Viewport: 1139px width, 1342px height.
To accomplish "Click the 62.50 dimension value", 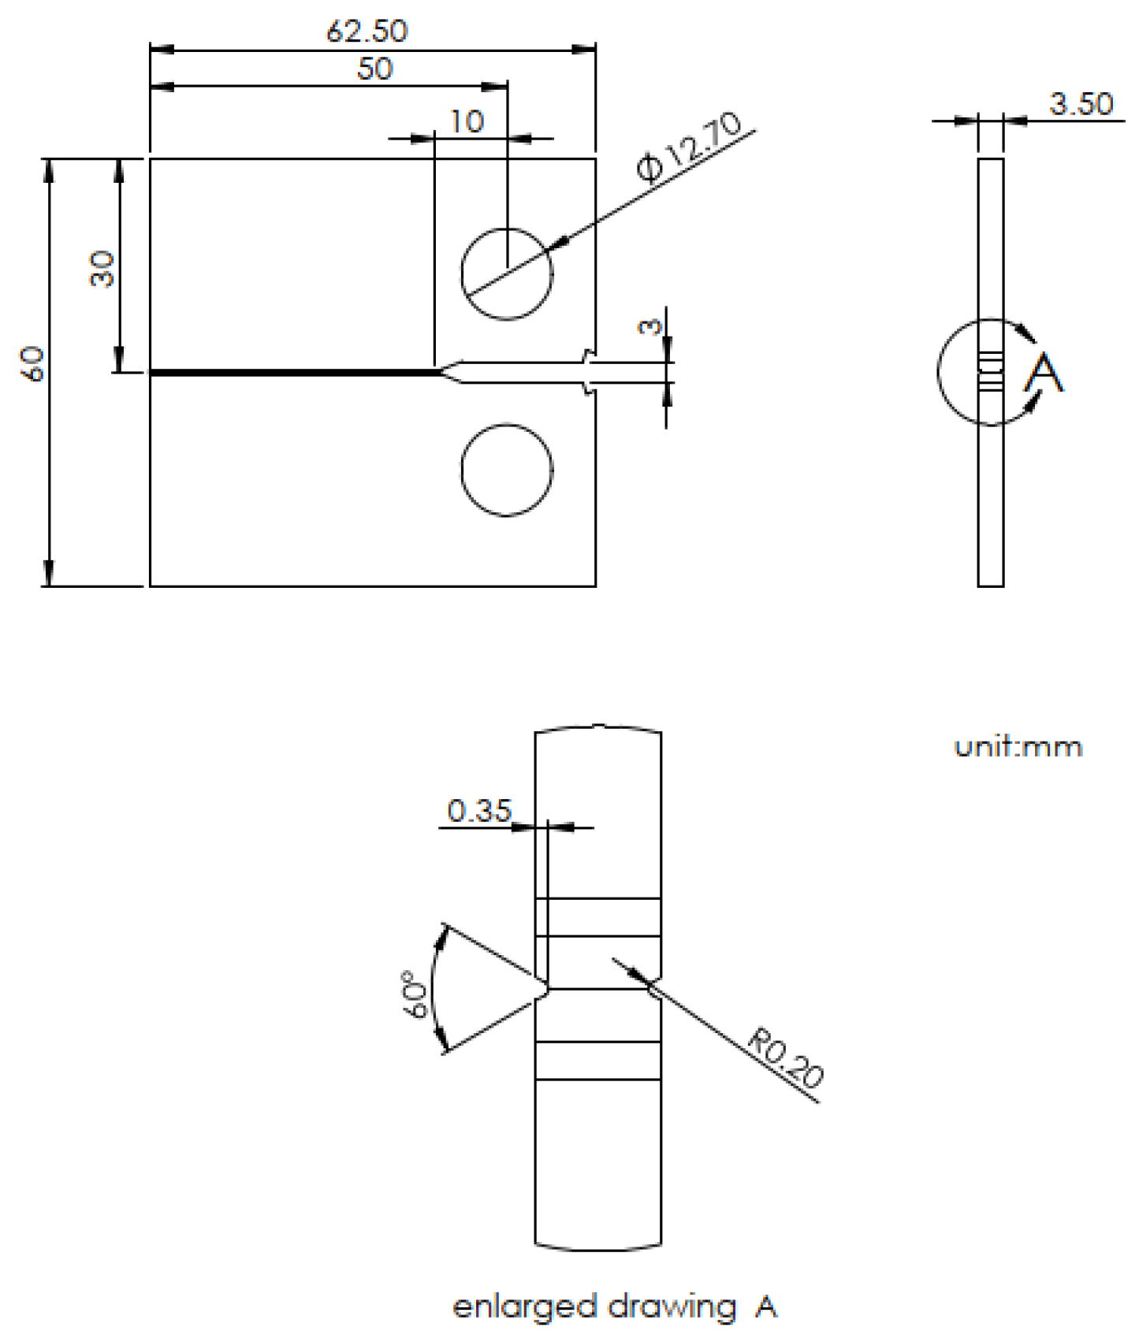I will coord(367,31).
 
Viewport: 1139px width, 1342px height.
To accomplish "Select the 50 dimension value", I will coord(374,69).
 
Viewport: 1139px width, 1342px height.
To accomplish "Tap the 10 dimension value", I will coord(467,121).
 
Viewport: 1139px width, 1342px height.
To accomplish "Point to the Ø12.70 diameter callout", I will coord(690,147).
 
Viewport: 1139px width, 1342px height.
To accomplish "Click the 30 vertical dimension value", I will coord(102,269).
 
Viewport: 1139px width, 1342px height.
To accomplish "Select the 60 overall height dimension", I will coord(33,364).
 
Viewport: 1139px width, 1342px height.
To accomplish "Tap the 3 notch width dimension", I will coord(650,325).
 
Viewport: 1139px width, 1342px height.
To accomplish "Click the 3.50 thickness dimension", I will coord(1081,103).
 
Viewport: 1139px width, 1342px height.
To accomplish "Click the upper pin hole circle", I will coord(506,273).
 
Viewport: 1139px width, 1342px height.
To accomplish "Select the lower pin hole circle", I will coord(506,470).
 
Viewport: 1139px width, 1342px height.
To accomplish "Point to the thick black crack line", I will coord(292,372).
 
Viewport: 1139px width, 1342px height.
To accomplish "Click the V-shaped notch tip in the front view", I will coord(442,372).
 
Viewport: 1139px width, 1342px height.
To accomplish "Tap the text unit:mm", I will coord(1018,746).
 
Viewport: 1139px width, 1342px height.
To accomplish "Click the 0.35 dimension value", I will coord(479,810).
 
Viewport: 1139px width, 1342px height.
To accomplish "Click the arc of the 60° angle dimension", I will coord(432,989).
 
